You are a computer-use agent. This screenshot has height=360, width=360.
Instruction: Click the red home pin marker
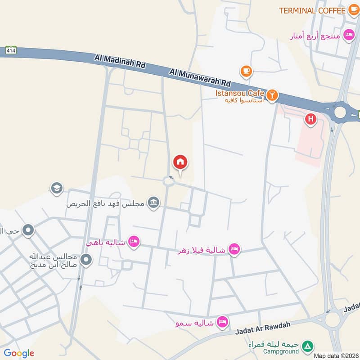[180, 162]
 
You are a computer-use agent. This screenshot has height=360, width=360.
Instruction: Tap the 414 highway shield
[12, 50]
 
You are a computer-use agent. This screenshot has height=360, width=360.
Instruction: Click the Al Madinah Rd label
[120, 61]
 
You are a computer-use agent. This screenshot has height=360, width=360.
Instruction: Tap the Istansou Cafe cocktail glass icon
[272, 95]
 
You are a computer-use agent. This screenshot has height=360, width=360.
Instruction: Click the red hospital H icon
[310, 119]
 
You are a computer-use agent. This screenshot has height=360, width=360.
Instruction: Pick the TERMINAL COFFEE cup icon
[353, 10]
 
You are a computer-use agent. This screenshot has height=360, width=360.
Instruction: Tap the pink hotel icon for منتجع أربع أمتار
[348, 35]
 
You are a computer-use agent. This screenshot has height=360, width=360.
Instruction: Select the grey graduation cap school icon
[57, 187]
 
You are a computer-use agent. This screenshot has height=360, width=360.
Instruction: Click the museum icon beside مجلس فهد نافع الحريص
[154, 203]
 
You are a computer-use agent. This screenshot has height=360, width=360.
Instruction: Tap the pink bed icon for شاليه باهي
[133, 242]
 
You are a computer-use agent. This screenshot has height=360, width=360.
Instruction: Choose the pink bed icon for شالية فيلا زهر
[234, 248]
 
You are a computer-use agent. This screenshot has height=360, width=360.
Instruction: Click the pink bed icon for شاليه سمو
[222, 322]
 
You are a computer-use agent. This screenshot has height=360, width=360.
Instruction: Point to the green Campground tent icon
[307, 346]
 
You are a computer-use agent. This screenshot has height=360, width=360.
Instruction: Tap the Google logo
[19, 353]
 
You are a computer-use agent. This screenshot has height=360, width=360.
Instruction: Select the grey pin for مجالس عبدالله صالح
[86, 260]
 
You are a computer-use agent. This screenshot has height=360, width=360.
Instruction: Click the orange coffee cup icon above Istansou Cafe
[246, 71]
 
